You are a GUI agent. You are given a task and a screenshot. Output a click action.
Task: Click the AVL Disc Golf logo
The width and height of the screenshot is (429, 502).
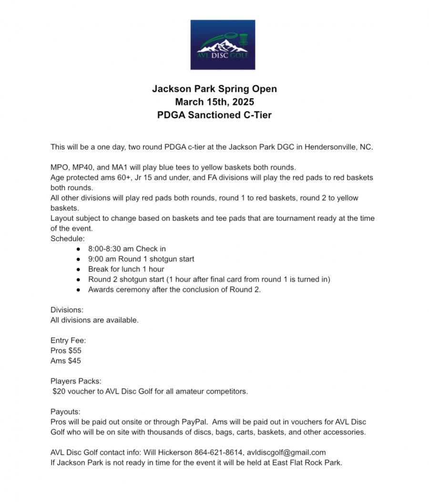(223, 45)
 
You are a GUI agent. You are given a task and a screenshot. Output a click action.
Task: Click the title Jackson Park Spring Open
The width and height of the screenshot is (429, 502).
(214, 89)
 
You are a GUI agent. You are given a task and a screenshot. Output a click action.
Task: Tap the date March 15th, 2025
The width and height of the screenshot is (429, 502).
(214, 102)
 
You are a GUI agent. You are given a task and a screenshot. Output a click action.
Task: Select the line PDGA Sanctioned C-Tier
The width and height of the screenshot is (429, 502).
(214, 115)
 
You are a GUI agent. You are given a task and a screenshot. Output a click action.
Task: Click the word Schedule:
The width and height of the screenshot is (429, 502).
(68, 239)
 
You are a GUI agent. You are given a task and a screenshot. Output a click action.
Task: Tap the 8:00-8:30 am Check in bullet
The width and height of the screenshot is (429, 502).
(127, 249)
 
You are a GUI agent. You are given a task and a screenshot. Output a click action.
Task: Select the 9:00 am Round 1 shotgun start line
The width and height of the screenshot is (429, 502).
(141, 259)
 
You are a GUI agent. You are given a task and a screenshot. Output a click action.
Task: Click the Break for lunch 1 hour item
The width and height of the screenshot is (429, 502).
(126, 269)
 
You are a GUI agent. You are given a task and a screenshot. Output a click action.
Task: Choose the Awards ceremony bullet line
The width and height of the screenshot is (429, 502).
(174, 290)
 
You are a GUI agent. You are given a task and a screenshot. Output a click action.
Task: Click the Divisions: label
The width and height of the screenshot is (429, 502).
(67, 310)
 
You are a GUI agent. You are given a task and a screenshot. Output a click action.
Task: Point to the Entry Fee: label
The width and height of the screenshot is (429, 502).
(68, 341)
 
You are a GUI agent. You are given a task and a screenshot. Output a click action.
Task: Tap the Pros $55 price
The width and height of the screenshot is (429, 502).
(66, 351)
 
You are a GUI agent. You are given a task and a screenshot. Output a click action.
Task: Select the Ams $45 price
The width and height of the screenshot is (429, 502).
(66, 361)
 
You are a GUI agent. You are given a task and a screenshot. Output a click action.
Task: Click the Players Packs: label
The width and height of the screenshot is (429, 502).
(76, 382)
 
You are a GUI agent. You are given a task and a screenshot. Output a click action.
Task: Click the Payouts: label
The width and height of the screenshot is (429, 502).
(65, 412)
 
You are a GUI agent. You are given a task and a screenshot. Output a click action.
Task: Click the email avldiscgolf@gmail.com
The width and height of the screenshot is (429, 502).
(286, 452)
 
